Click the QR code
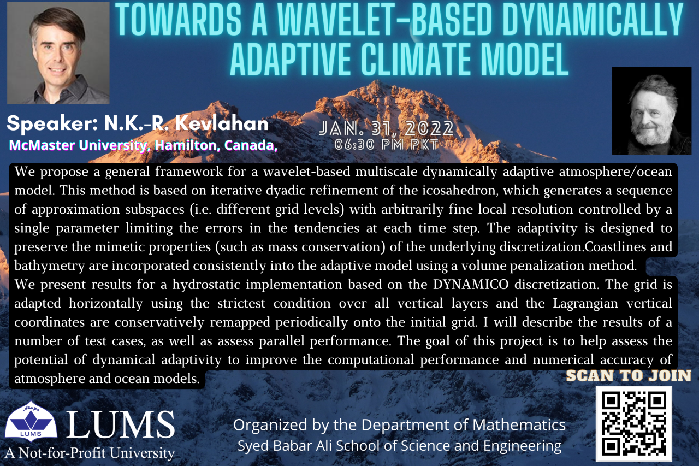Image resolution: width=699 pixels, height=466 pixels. (634, 424)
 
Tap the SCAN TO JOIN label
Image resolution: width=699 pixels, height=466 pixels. (629, 375)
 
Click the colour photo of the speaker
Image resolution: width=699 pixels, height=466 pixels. (58, 54)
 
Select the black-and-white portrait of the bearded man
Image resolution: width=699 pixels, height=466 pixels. (651, 110)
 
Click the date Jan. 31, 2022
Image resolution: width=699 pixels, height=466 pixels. (386, 128)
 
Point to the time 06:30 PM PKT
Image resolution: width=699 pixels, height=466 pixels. (387, 145)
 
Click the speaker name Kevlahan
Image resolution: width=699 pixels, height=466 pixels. (222, 123)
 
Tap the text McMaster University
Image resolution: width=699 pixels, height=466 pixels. (78, 145)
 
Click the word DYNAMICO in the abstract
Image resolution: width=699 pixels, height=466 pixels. (471, 285)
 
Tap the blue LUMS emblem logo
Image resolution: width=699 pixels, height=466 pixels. (31, 421)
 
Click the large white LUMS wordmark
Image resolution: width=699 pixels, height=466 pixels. (121, 424)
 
